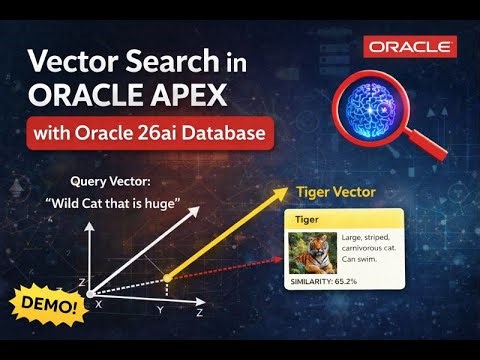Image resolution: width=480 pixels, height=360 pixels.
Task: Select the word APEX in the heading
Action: (x=189, y=96)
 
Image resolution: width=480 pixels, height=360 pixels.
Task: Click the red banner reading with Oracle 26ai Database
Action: (x=151, y=132)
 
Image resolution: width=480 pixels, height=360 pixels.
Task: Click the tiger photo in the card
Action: (x=310, y=251)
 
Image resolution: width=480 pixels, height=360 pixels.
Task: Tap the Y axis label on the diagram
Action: (x=160, y=310)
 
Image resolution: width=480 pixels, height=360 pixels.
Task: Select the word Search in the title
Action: (x=161, y=62)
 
